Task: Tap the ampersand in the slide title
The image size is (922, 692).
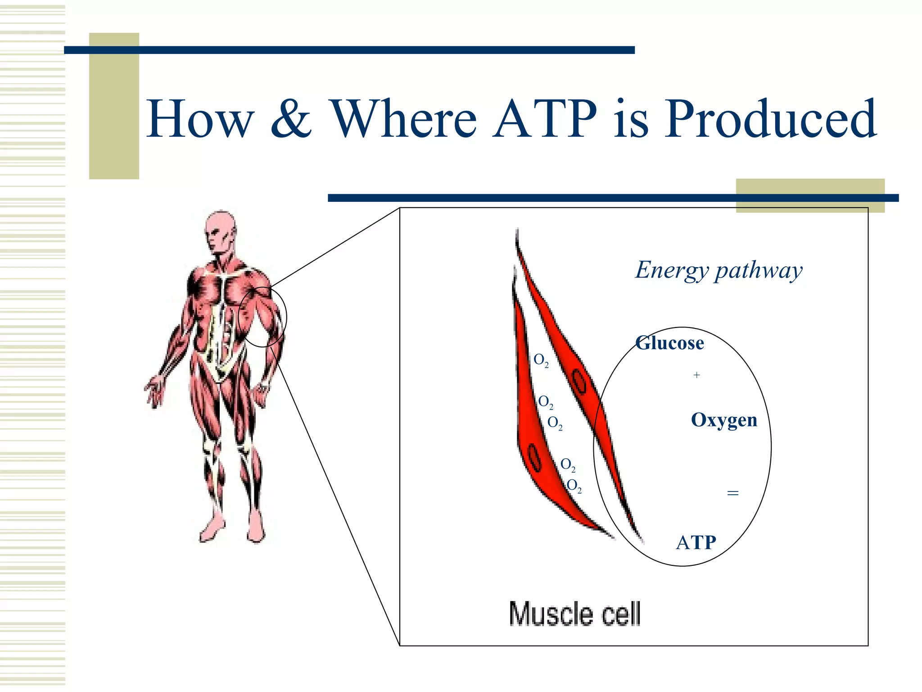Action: (291, 119)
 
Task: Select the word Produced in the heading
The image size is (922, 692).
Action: (770, 119)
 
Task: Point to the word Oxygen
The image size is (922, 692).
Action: (724, 420)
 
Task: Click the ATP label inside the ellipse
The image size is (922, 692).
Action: (696, 542)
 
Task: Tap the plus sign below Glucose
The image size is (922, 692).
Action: (696, 375)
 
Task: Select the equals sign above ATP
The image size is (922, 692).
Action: (732, 493)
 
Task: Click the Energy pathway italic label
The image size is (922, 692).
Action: (719, 270)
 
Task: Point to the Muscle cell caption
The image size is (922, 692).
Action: (574, 614)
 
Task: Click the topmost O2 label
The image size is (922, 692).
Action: (541, 360)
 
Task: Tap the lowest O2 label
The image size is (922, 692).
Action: (574, 486)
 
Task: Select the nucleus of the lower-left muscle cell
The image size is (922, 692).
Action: (534, 457)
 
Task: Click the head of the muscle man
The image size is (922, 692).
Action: (220, 232)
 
